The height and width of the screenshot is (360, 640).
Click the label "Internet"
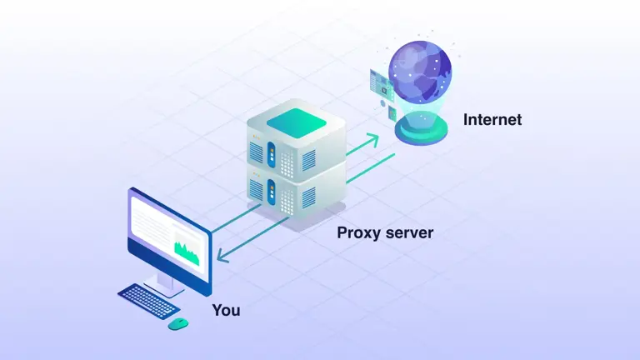492,120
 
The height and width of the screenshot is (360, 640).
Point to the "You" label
226,310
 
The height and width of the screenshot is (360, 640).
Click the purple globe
421,70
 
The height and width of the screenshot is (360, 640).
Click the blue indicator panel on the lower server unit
271,192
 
